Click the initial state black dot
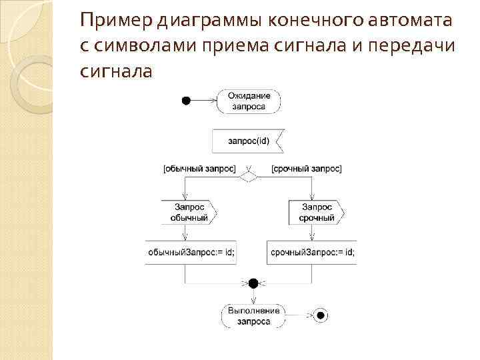186,101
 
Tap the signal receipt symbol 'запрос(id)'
248,141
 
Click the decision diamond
249,177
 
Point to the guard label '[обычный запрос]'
199,169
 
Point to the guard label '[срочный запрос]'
307,169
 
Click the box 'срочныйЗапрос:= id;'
312,252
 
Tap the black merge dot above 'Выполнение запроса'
253,283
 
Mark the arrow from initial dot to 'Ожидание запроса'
204,101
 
